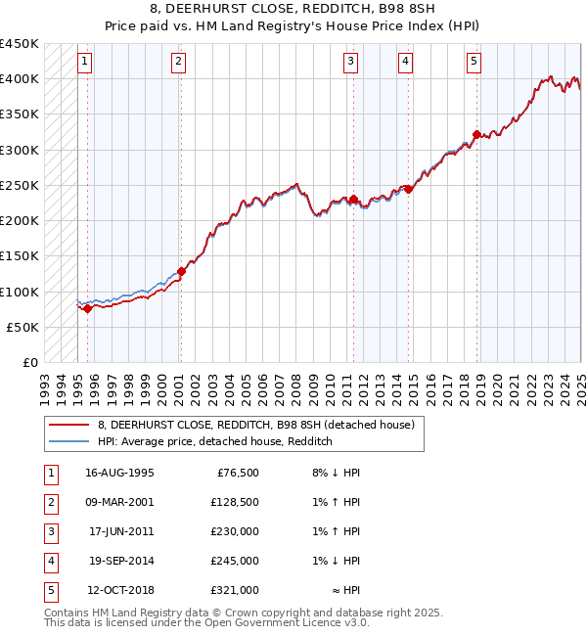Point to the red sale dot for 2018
tap(476, 135)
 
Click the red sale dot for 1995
tap(87, 308)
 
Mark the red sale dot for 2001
tap(181, 271)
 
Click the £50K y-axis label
tap(23, 327)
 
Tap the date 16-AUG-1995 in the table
tap(118, 474)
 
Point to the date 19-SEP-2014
tap(118, 561)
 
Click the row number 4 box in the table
tap(49, 561)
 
